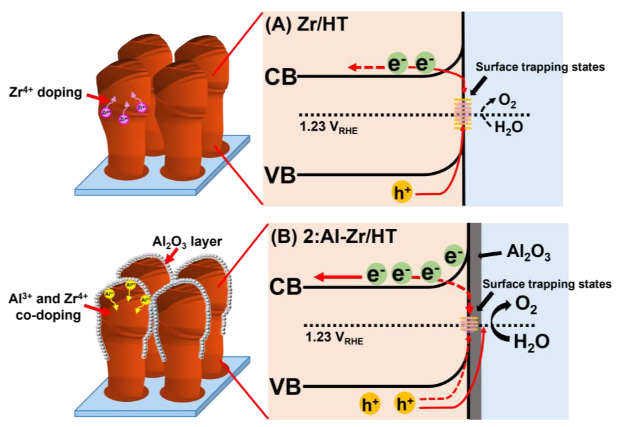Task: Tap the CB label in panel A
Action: tap(280, 77)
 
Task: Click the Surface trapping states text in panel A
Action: tap(540, 67)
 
